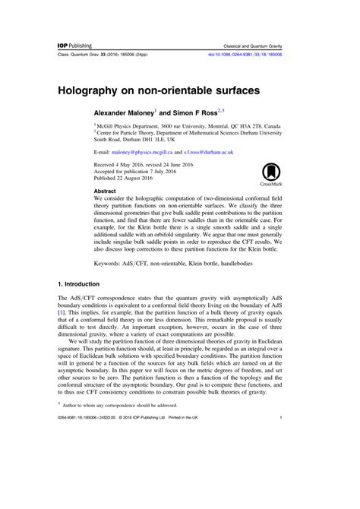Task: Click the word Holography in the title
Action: [x=100, y=90]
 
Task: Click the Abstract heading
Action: [x=105, y=191]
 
